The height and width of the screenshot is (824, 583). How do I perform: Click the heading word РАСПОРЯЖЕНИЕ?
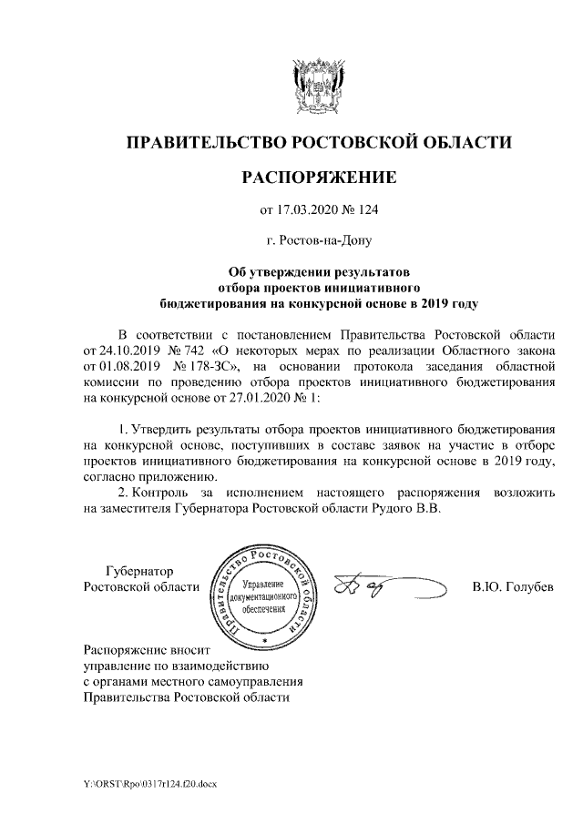point(319,177)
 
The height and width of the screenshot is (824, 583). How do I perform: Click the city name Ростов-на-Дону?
point(319,242)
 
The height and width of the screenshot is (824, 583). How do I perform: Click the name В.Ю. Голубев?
point(512,585)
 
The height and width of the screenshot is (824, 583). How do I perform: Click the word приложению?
point(174,477)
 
